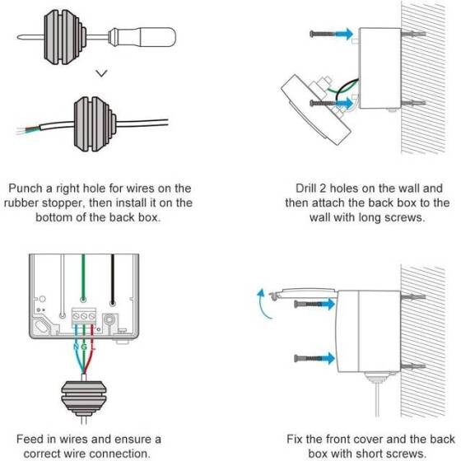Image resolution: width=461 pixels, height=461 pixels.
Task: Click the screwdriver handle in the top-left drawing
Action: (149, 40)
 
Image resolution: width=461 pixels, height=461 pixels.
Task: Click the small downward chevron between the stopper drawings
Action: (100, 72)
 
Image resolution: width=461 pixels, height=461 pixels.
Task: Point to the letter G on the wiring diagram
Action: (83, 347)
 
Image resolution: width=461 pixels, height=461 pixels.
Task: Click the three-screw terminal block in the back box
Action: (84, 314)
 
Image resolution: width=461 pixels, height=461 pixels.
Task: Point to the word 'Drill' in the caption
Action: (306, 188)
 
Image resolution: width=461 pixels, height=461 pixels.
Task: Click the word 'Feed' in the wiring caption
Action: (30, 438)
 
